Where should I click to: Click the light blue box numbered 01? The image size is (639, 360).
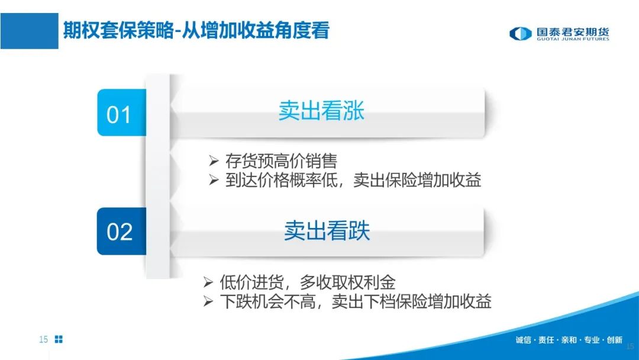(x=121, y=112)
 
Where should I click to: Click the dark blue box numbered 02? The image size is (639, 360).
(x=121, y=231)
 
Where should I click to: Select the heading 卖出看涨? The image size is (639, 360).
(x=321, y=111)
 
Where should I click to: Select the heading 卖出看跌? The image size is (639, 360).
(x=327, y=230)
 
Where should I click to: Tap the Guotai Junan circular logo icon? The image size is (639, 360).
(x=521, y=33)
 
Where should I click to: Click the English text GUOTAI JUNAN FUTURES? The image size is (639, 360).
(x=573, y=39)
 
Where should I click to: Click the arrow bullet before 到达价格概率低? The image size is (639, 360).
(x=214, y=179)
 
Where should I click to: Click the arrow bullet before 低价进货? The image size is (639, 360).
(x=208, y=282)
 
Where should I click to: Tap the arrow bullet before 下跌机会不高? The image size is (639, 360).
(x=208, y=301)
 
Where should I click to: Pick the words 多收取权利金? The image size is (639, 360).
(x=348, y=282)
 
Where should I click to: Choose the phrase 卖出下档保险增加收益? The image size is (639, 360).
(x=412, y=301)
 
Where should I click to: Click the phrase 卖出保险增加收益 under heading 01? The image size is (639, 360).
(x=417, y=180)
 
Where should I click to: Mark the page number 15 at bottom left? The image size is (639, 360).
(x=43, y=339)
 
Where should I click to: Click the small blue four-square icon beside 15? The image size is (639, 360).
(x=59, y=339)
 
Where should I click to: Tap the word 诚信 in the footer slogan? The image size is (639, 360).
(x=523, y=340)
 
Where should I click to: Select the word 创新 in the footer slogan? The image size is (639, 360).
(x=615, y=340)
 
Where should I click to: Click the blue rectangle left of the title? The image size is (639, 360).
(x=30, y=31)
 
